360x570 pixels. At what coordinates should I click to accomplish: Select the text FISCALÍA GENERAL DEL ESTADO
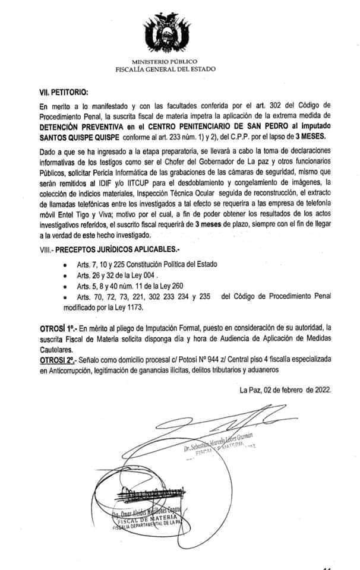tap(166, 69)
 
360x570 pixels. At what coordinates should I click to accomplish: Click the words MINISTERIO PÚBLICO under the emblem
tap(166, 62)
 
